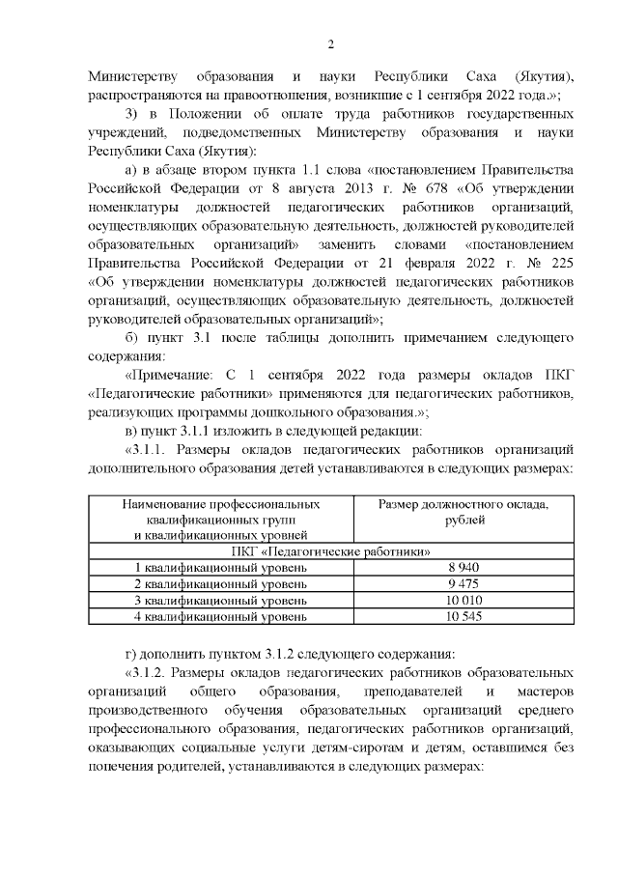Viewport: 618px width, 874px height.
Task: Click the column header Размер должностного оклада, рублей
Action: (463, 512)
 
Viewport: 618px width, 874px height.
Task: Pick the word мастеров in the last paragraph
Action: (545, 691)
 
